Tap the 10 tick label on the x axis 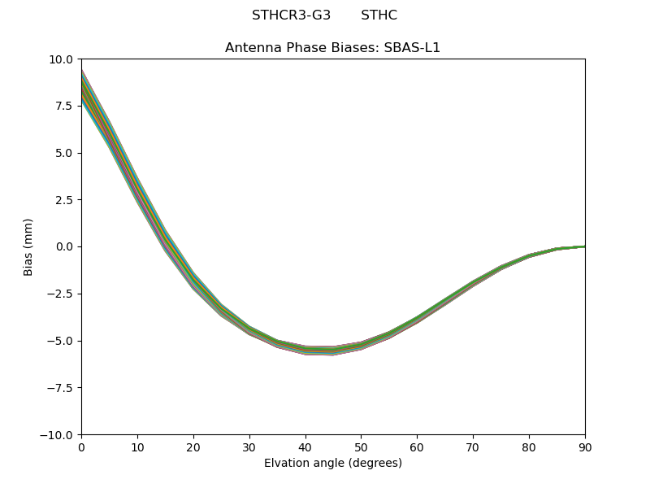click(137, 447)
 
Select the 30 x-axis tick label click(249, 447)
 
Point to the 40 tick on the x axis click(305, 447)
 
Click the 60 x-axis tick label click(417, 447)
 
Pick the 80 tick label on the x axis click(529, 447)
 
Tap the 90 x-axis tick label click(585, 447)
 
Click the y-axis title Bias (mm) click(28, 246)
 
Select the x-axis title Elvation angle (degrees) click(333, 464)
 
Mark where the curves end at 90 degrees click(584, 246)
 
